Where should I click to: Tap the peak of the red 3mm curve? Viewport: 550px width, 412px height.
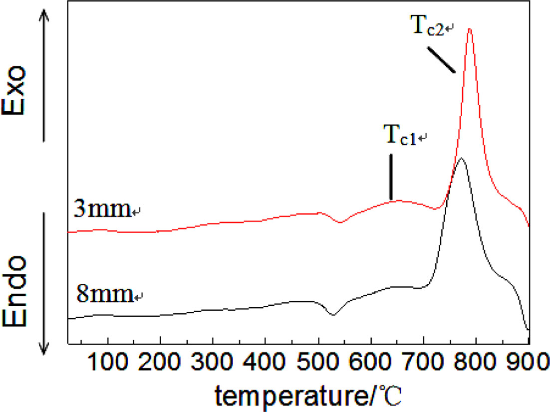tap(469, 29)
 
